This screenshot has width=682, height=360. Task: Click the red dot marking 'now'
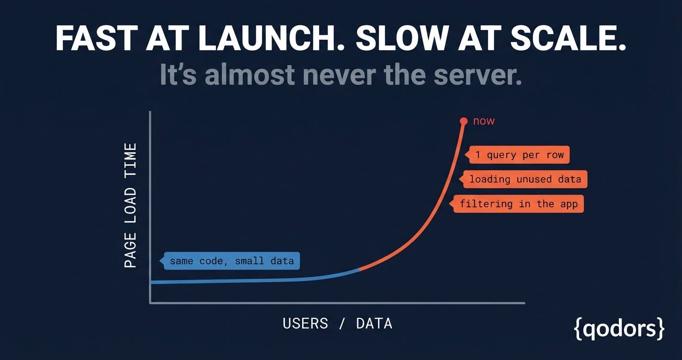pyautogui.click(x=464, y=121)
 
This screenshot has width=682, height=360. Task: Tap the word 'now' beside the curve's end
pyautogui.click(x=484, y=121)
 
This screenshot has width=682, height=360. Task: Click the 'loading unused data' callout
pyautogui.click(x=523, y=179)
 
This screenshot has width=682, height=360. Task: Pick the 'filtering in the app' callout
pyautogui.click(x=516, y=204)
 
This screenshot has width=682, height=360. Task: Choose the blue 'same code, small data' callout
pyautogui.click(x=229, y=261)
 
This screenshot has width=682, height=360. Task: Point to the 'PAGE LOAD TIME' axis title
pyautogui.click(x=130, y=205)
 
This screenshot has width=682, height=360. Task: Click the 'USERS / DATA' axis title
pyautogui.click(x=337, y=324)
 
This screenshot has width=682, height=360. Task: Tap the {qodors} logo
pyautogui.click(x=619, y=329)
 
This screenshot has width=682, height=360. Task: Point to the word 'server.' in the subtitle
pyautogui.click(x=477, y=75)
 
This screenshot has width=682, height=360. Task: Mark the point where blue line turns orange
pyautogui.click(x=359, y=270)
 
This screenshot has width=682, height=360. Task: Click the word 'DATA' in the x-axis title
pyautogui.click(x=374, y=324)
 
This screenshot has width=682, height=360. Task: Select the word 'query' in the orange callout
pyautogui.click(x=501, y=156)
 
